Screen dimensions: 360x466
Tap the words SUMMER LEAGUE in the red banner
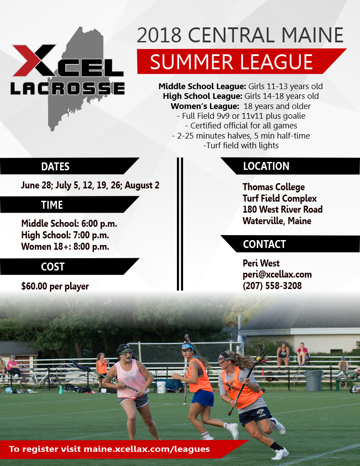tap(231, 62)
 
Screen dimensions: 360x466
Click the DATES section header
tap(55, 166)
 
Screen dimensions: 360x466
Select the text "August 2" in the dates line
tap(142, 185)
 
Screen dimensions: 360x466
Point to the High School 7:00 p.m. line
tap(65, 235)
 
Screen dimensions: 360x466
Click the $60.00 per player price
tap(55, 286)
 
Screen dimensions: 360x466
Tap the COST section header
tap(52, 267)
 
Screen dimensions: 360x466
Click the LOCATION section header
tap(266, 166)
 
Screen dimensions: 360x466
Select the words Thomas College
tap(274, 187)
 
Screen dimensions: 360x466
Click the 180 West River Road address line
tap(282, 209)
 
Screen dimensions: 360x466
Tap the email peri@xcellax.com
tap(277, 274)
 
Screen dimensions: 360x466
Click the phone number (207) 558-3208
tap(272, 286)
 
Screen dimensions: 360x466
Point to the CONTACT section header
tap(264, 244)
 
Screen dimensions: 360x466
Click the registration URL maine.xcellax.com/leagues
tap(147, 449)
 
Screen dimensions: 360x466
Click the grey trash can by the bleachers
tap(314, 380)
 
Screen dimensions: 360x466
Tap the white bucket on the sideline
tap(161, 387)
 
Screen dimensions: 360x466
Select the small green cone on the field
tap(61, 390)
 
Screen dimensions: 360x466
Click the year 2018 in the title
tap(159, 35)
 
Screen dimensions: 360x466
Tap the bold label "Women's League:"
tap(205, 106)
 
